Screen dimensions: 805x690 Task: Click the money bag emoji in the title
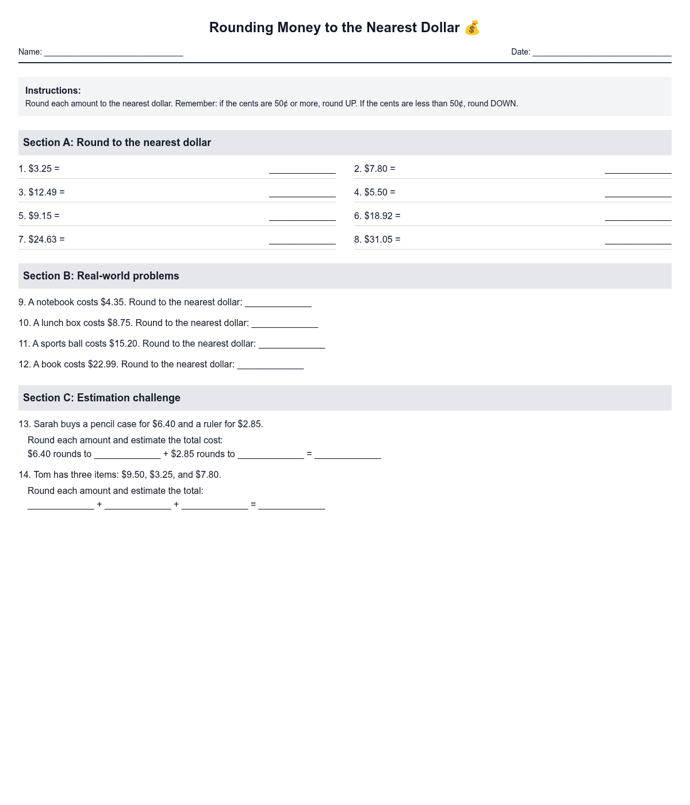pyautogui.click(x=471, y=28)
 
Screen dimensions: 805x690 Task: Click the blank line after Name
pyautogui.click(x=113, y=52)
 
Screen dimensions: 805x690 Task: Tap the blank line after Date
pyautogui.click(x=601, y=52)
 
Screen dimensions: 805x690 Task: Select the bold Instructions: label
pyautogui.click(x=53, y=91)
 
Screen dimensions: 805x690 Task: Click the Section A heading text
pyautogui.click(x=117, y=143)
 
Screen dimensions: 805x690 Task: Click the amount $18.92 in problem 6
pyautogui.click(x=378, y=216)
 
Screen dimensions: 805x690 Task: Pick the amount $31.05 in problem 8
pyautogui.click(x=378, y=240)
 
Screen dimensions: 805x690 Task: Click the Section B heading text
pyautogui.click(x=101, y=276)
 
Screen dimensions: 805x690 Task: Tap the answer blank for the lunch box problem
pyautogui.click(x=285, y=324)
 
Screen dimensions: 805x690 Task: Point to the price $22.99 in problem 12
pyautogui.click(x=102, y=365)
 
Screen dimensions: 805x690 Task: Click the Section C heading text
pyautogui.click(x=101, y=398)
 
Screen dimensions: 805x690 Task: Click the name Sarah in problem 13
pyautogui.click(x=46, y=424)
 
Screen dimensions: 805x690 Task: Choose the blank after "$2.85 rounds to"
pyautogui.click(x=270, y=455)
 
